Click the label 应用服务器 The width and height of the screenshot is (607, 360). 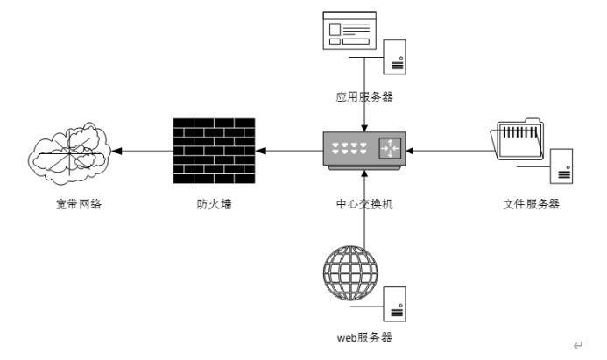[363, 97]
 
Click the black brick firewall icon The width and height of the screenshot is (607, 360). [214, 151]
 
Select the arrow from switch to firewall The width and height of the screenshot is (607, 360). [288, 151]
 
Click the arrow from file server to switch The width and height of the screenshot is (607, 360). [447, 151]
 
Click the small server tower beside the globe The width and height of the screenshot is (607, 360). [396, 303]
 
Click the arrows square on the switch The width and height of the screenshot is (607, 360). [389, 149]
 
